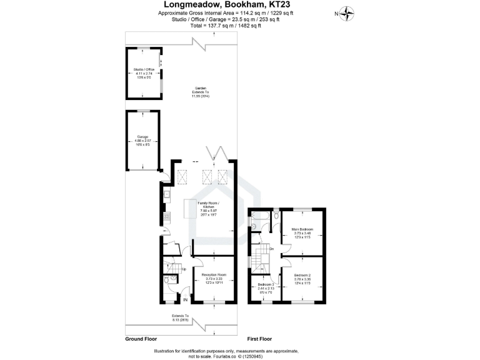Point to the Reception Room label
pyautogui.click(x=214, y=277)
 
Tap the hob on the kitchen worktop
pyautogui.click(x=167, y=218)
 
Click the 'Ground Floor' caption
pyautogui.click(x=141, y=338)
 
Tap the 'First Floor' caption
pyautogui.click(x=260, y=338)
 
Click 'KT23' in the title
pyautogui.click(x=293, y=5)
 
